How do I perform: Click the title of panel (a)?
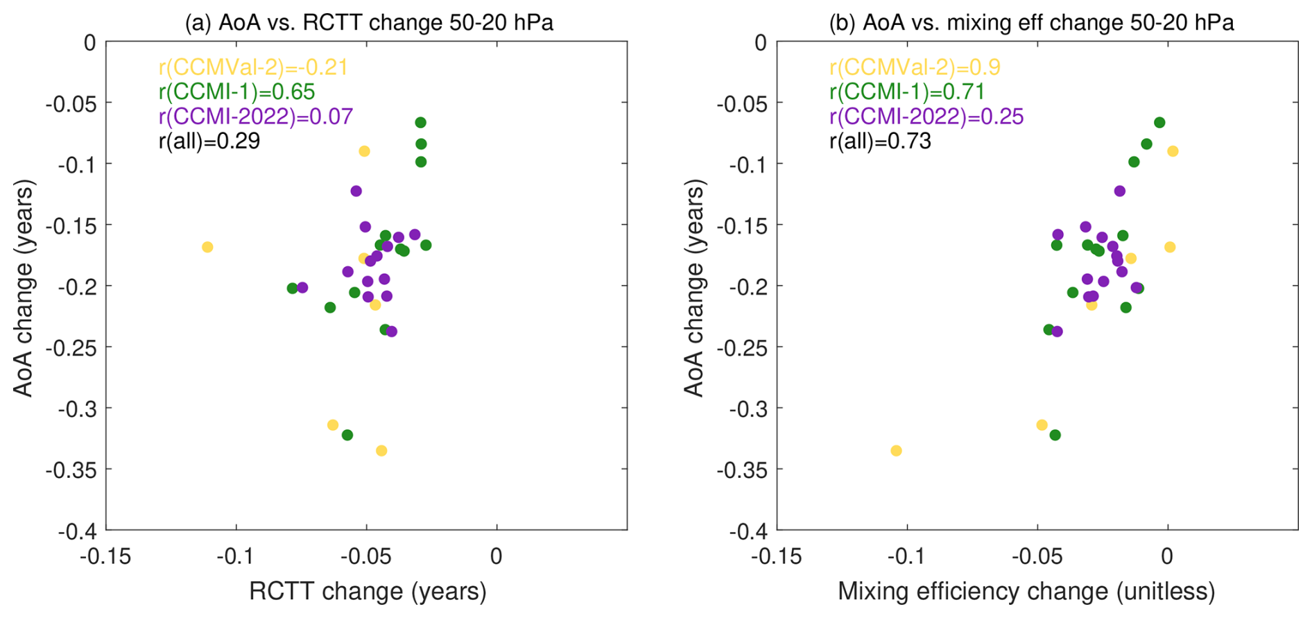tap(369, 22)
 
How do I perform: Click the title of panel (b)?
tap(1031, 22)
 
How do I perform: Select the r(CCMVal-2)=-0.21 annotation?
tap(253, 67)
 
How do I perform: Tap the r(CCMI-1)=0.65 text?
tap(236, 92)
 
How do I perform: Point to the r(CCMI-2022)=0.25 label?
tap(926, 117)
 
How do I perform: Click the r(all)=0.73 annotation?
tap(880, 141)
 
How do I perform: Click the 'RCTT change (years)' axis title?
tap(368, 591)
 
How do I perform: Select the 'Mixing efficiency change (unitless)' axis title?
tap(1026, 591)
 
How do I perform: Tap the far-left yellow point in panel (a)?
tap(207, 247)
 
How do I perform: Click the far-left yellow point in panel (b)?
tap(896, 451)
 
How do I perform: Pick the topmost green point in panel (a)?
tap(420, 123)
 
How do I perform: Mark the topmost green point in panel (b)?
tap(1159, 123)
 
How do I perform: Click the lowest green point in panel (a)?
tap(347, 435)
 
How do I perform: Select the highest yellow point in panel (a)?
tap(364, 151)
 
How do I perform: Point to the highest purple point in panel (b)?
tap(1120, 191)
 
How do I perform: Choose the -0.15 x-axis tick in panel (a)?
tap(105, 556)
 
